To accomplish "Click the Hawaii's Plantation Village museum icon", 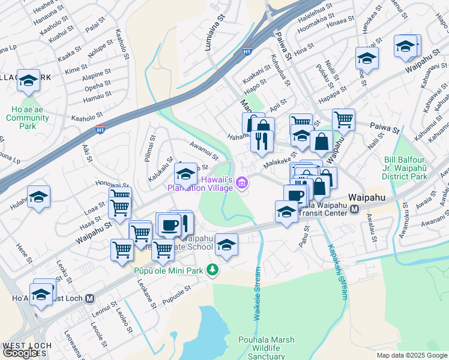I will point(242,182).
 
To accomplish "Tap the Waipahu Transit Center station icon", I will point(355,209).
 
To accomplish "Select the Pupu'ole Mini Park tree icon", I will point(211,270).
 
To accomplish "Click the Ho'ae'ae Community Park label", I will point(28,118).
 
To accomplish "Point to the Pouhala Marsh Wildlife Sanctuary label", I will point(266,348).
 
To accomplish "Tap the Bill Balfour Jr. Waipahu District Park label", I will point(405,169).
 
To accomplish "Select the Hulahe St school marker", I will point(38,197).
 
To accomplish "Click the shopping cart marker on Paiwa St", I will point(343,119).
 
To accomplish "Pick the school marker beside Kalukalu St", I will point(185,175).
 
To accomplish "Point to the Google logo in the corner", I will point(20,353).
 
